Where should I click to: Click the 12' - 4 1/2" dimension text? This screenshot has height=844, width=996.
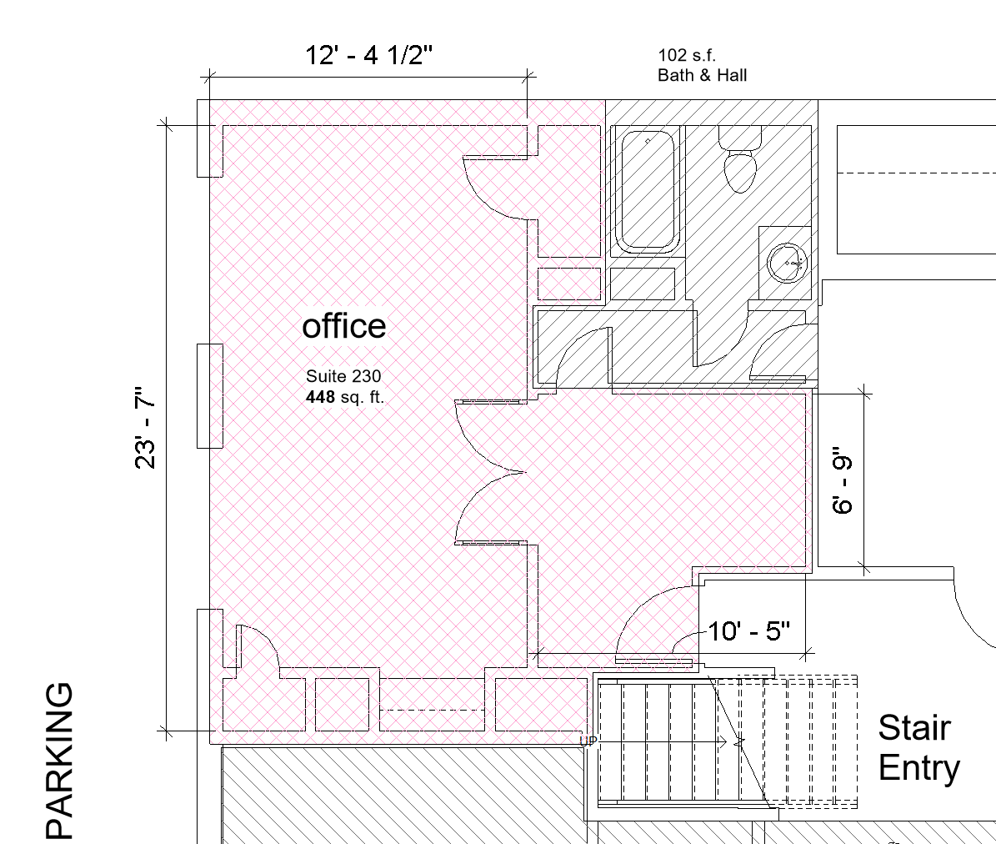(368, 55)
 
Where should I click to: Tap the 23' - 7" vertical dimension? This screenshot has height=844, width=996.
(146, 427)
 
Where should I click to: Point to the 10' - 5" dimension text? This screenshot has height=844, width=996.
(748, 631)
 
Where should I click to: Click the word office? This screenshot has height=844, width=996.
(344, 326)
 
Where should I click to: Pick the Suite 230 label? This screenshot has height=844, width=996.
(343, 376)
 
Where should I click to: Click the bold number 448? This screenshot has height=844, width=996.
(320, 397)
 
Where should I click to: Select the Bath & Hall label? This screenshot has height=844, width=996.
(702, 75)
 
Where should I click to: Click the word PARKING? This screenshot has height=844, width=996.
(59, 761)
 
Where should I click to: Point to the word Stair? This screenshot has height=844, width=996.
(913, 728)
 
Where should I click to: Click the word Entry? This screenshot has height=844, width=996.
(918, 768)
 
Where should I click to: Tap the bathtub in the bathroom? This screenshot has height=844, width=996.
(648, 191)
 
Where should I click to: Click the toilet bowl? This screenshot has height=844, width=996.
(739, 171)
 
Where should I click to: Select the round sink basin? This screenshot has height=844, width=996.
(785, 261)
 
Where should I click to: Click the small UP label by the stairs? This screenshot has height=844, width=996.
(588, 741)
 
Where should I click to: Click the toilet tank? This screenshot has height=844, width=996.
(741, 137)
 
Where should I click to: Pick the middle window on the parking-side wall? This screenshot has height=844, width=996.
(209, 395)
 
